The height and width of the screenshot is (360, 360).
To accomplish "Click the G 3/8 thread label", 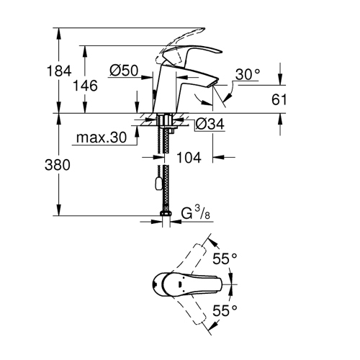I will click(x=194, y=215).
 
